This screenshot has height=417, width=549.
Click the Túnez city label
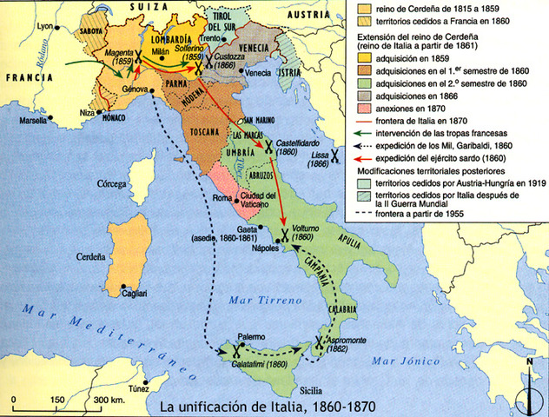129,390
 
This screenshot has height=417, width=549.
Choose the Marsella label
34,120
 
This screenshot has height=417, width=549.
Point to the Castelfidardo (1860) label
297,142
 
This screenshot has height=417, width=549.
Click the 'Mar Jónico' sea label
397,360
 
